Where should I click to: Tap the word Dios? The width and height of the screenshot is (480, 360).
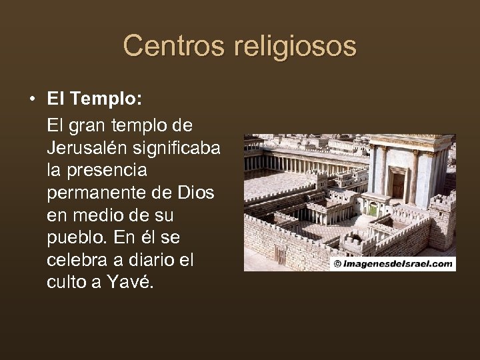coord(195,193)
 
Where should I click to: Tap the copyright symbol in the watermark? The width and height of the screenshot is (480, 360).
coord(337,264)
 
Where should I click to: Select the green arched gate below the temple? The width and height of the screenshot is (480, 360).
coord(373,209)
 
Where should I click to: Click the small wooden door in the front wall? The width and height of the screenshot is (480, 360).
coord(281,256)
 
